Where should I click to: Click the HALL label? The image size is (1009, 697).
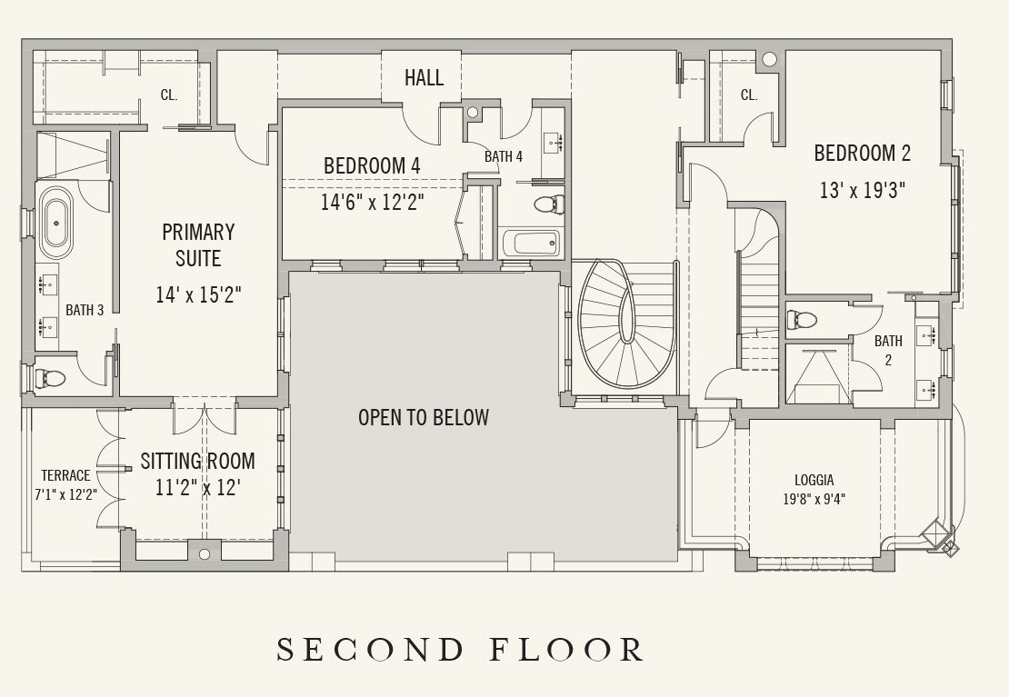click(424, 78)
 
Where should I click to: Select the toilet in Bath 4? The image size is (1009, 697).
click(549, 204)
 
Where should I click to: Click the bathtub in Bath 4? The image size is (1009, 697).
click(530, 244)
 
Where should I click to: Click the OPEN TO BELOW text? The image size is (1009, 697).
click(424, 417)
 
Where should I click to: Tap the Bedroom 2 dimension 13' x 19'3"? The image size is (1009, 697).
click(863, 191)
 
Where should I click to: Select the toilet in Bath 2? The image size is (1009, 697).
click(802, 319)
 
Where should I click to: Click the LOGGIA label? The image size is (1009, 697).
click(814, 480)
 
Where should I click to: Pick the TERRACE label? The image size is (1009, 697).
click(65, 475)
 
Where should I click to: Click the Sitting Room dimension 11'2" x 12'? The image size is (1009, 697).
click(198, 487)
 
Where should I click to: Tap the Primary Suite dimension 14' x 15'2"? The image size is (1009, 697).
click(198, 294)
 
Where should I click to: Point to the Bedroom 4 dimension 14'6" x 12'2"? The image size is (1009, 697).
click(373, 202)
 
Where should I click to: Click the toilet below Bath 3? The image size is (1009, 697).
click(50, 377)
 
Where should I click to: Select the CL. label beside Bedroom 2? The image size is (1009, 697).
click(749, 95)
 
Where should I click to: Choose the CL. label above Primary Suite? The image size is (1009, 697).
click(168, 95)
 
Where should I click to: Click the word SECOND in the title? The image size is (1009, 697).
click(369, 650)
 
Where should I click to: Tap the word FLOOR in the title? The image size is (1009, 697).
click(566, 650)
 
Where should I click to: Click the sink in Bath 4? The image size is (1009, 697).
click(553, 143)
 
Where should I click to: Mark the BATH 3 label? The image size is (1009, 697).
click(85, 310)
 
